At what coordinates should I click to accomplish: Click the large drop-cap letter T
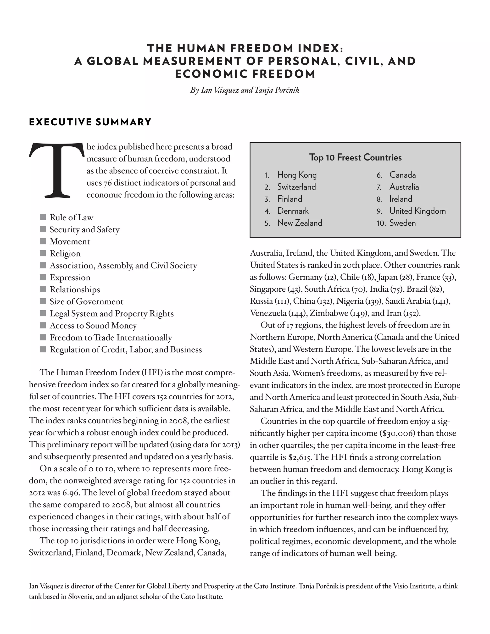(57, 170)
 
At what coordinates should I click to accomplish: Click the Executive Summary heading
(90, 122)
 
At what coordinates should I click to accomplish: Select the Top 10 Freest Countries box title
(355, 157)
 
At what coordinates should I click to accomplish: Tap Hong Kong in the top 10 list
(297, 175)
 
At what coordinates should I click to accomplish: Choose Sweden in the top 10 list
(402, 223)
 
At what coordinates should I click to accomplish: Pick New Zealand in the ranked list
(300, 223)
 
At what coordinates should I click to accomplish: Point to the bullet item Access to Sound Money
(93, 326)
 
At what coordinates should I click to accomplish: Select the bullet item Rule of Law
(71, 217)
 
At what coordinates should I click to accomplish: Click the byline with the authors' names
(245, 90)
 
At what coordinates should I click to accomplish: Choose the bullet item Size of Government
(86, 302)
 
